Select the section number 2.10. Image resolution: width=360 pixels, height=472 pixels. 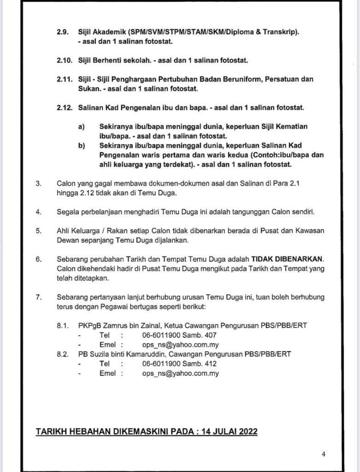(x=64, y=60)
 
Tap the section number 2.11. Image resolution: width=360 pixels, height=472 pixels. (x=64, y=79)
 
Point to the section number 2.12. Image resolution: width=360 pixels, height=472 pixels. (x=64, y=108)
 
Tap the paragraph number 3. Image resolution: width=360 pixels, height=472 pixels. (x=38, y=183)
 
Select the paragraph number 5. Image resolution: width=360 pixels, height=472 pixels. (x=38, y=230)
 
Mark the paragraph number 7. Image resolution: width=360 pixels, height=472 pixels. (x=38, y=296)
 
